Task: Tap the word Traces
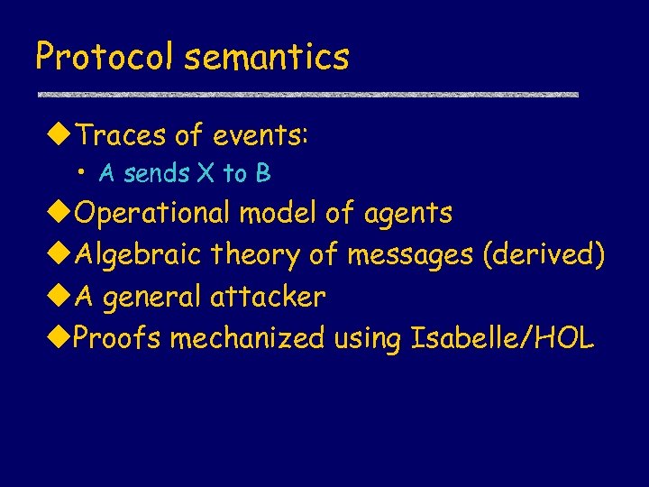pyautogui.click(x=121, y=135)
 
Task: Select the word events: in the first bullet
pyautogui.click(x=261, y=135)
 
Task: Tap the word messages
pyautogui.click(x=409, y=255)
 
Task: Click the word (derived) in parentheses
pyautogui.click(x=544, y=255)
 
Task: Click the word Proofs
pyautogui.click(x=117, y=338)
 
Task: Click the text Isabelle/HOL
pyautogui.click(x=502, y=338)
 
